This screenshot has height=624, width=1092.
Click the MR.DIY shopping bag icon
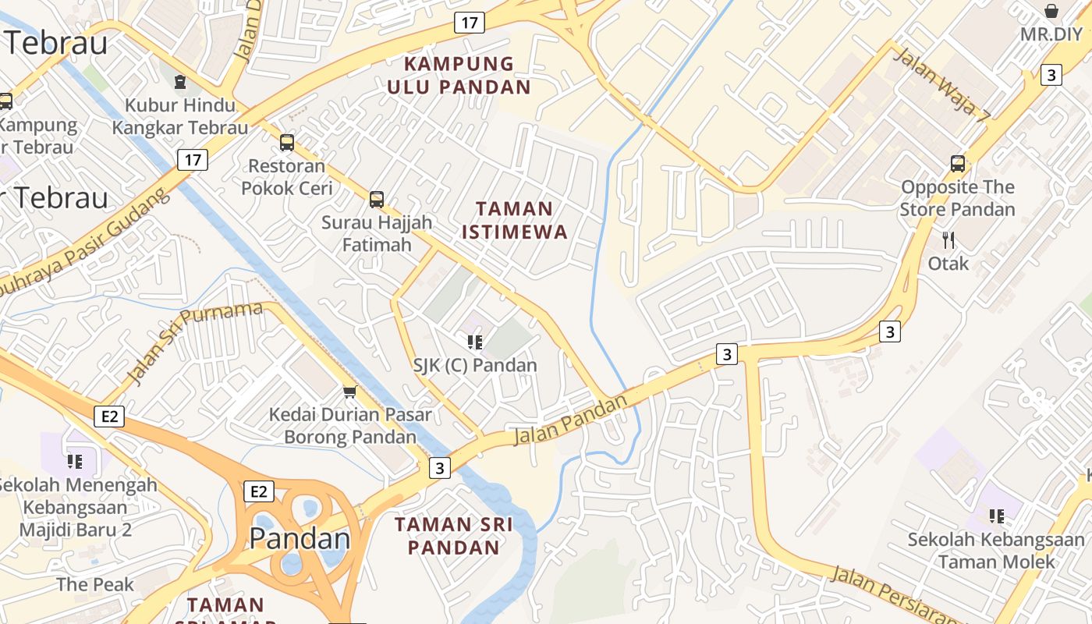pyautogui.click(x=1051, y=11)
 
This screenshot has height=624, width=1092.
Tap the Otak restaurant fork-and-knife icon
pyautogui.click(x=948, y=239)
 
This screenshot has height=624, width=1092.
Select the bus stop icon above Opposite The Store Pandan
pyautogui.click(x=958, y=164)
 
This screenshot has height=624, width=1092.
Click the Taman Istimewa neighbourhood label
pyautogui.click(x=515, y=220)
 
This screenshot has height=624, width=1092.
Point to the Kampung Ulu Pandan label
pyautogui.click(x=459, y=75)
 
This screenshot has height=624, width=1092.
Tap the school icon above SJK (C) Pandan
pyautogui.click(x=474, y=342)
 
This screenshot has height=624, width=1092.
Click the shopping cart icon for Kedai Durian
pyautogui.click(x=350, y=391)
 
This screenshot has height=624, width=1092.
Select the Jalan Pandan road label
pyautogui.click(x=570, y=420)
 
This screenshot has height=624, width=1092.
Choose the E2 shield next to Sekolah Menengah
pyautogui.click(x=109, y=417)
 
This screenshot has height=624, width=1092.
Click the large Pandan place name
pyautogui.click(x=300, y=538)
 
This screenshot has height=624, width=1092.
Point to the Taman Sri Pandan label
pyautogui.click(x=453, y=535)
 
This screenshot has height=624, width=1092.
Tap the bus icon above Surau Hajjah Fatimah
pyautogui.click(x=377, y=199)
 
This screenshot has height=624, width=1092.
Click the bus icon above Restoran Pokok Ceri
pyautogui.click(x=287, y=142)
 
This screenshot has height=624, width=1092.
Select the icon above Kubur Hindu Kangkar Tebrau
pyautogui.click(x=180, y=81)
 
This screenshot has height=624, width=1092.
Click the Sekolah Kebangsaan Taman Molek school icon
pyautogui.click(x=996, y=516)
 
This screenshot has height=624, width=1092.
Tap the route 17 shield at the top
pyautogui.click(x=469, y=23)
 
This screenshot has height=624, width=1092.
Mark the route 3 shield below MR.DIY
pyautogui.click(x=1051, y=75)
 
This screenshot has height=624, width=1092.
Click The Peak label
pyautogui.click(x=95, y=584)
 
